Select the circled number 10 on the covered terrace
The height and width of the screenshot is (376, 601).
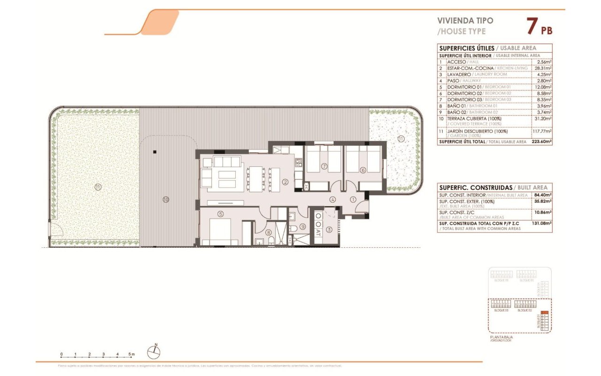pos(165,199)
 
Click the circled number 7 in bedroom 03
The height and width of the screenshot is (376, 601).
pos(324,166)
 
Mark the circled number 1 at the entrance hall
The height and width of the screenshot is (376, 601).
pos(353,199)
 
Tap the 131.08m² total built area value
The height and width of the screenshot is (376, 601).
pos(542,224)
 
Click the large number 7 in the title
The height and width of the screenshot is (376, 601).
pos(532,27)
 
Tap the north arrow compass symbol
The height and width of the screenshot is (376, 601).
pos(154,350)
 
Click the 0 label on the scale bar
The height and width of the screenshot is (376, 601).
pos(61,354)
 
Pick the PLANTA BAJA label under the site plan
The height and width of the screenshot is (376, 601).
pos(501,337)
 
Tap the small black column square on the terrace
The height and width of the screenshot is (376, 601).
pos(154,152)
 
